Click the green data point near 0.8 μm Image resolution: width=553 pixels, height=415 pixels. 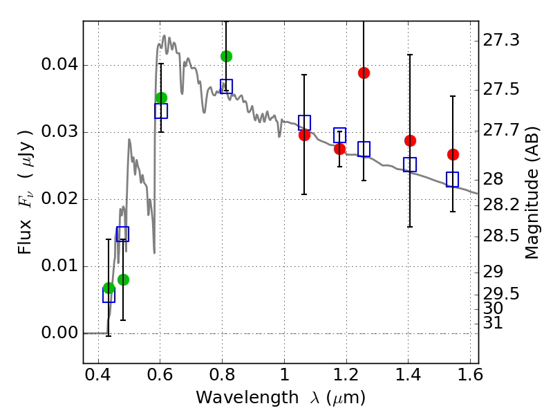click(226, 56)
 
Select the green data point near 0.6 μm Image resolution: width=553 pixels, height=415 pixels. click(161, 98)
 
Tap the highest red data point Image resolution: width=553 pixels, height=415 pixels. click(364, 73)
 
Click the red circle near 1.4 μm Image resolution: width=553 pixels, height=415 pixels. click(410, 140)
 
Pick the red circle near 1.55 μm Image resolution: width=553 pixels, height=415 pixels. click(453, 154)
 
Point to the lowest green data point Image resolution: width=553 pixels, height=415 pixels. click(109, 288)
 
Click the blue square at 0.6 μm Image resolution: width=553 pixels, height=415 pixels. click(161, 111)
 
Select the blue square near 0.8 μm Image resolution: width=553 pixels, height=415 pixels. click(226, 86)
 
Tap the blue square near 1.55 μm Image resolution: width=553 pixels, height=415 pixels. click(452, 179)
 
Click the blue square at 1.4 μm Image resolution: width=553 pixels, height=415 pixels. click(410, 165)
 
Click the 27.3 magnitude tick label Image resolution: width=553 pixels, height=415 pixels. click(502, 41)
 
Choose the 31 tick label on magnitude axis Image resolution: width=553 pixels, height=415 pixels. click(495, 323)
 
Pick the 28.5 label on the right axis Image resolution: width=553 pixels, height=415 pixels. click(502, 237)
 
